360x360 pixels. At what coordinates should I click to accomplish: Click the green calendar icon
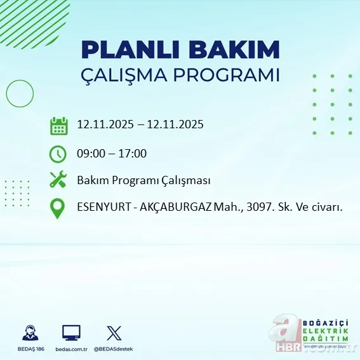click(x=58, y=126)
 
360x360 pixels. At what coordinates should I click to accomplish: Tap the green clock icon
click(x=58, y=154)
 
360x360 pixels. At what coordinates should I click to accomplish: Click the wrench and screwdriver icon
click(x=58, y=180)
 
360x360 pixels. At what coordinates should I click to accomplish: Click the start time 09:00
click(x=90, y=154)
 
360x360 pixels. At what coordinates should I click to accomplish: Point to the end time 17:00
click(x=133, y=154)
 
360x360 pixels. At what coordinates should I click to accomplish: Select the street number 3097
click(x=260, y=208)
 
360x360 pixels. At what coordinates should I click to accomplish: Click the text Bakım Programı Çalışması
click(x=143, y=180)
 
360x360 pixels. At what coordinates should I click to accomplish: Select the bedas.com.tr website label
click(x=70, y=349)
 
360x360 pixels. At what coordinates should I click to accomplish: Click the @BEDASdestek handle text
click(x=114, y=349)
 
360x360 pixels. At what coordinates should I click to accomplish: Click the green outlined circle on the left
click(x=20, y=94)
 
